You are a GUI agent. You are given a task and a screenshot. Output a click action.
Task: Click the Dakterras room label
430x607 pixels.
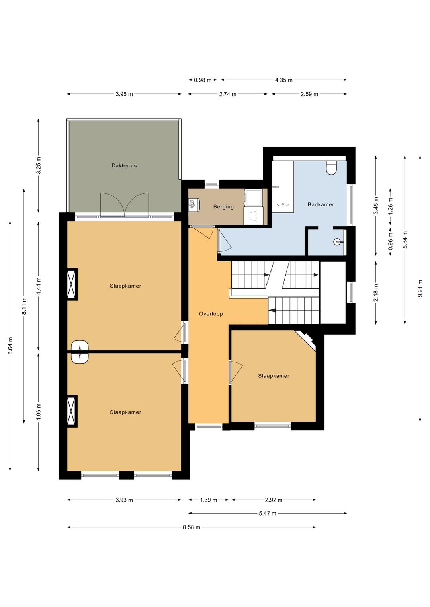click(124, 165)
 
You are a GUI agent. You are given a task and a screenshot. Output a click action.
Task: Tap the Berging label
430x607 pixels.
click(223, 207)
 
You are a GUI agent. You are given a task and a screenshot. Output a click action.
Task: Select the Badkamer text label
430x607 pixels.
click(321, 204)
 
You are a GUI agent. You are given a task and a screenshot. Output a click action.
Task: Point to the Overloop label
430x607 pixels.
click(211, 314)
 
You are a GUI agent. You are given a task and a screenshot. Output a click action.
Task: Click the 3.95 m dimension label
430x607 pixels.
click(124, 94)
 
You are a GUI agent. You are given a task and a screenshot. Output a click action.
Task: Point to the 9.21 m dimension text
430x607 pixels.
click(420, 289)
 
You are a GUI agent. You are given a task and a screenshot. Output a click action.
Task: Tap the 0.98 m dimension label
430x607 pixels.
click(202, 80)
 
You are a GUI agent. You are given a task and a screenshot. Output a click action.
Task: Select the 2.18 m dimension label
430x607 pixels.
click(376, 292)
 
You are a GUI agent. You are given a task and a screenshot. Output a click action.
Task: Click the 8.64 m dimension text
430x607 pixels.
click(10, 346)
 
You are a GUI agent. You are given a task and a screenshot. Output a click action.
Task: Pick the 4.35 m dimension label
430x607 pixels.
click(284, 80)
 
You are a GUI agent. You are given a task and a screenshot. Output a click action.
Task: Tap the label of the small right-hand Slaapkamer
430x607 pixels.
click(274, 376)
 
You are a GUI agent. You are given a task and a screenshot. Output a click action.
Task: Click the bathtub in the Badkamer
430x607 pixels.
click(283, 187)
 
